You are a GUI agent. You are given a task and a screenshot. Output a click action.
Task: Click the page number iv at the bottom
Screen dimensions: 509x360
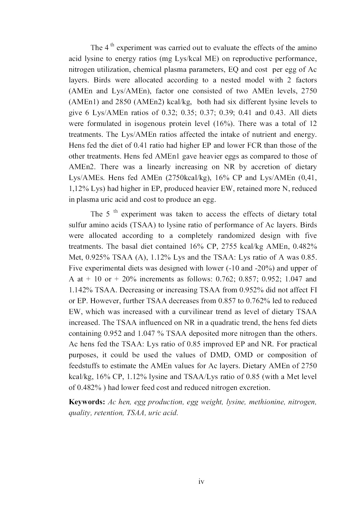[201, 482]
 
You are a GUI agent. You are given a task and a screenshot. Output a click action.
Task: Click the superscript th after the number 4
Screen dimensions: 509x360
[113, 45]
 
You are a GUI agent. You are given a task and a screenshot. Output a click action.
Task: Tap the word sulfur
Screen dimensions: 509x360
[78, 225]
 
